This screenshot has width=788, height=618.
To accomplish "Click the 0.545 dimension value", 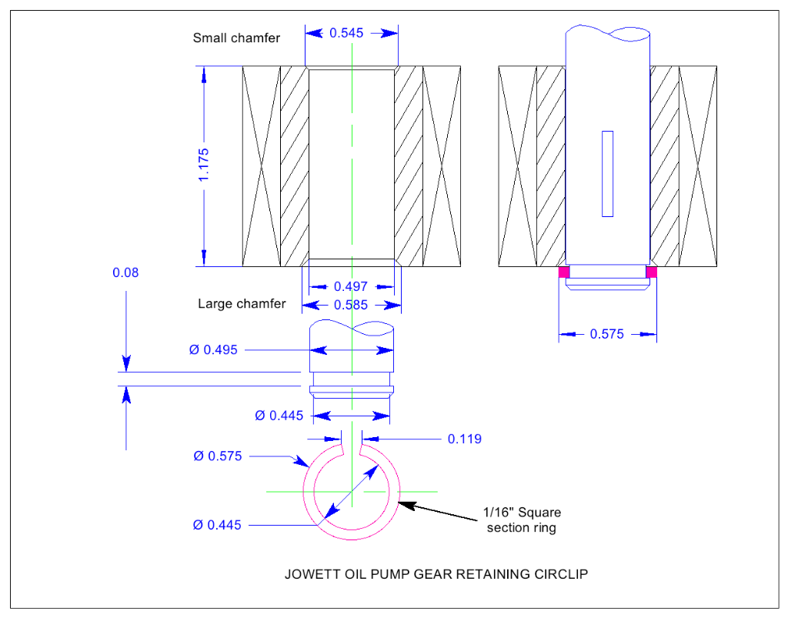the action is pos(346,33).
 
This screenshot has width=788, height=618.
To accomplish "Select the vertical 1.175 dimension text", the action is pos(203,165).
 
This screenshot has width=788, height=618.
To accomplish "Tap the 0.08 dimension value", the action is pos(125,272).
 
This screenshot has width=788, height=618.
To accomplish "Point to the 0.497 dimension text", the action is pos(351,286).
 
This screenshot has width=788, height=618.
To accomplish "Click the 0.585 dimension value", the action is pos(351,305).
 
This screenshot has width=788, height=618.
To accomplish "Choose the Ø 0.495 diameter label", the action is pos(213,349).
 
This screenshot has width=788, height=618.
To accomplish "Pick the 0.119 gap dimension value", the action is pos(464,439).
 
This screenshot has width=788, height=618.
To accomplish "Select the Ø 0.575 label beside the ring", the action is pos(218,456).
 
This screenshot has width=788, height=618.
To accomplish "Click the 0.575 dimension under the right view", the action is pos(606,334).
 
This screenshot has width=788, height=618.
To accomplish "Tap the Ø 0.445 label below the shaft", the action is pos(279,416).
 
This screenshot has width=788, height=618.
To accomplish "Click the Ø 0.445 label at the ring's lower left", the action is pos(217,525).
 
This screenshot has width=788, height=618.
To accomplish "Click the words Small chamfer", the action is pos(236,38).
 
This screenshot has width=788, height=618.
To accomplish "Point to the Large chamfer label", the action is pos(242,304).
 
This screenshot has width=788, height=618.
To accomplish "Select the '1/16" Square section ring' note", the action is pos(522,520).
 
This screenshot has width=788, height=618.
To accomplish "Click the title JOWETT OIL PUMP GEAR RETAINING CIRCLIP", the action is pos(436,574).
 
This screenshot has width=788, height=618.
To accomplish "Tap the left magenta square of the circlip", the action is pos(564,272).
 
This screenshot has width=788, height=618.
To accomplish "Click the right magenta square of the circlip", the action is pos(651,272).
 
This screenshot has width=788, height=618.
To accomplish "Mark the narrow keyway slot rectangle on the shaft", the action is pos(608,174).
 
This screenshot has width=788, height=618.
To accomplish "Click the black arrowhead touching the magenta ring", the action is pos(406,504).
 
